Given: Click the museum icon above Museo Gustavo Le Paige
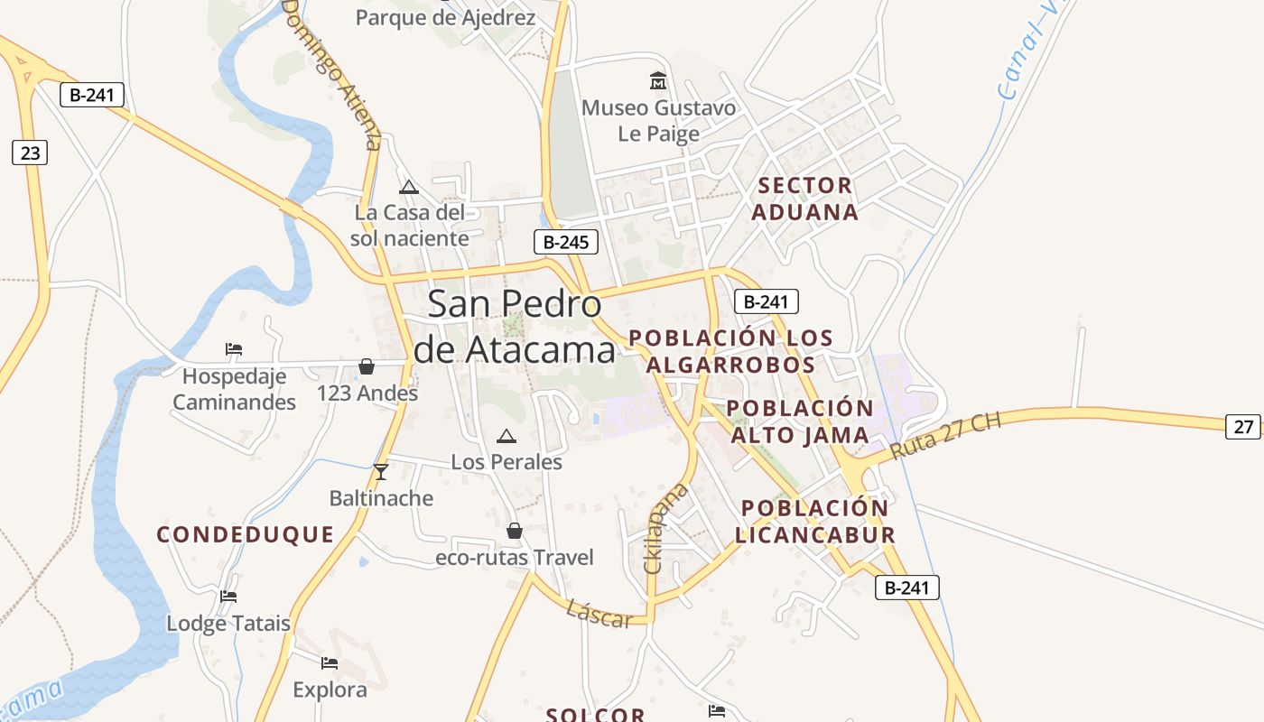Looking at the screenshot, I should pyautogui.click(x=658, y=81).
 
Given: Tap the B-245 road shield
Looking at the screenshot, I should pyautogui.click(x=566, y=242).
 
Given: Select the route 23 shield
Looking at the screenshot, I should pyautogui.click(x=30, y=153).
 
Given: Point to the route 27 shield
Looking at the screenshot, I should pyautogui.click(x=1243, y=427).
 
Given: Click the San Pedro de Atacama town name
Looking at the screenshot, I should pyautogui.click(x=515, y=326).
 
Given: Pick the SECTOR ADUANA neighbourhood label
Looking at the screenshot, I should pyautogui.click(x=804, y=199).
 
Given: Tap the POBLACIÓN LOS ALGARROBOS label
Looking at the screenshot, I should pyautogui.click(x=730, y=351).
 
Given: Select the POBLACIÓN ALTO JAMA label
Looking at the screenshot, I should pyautogui.click(x=800, y=421).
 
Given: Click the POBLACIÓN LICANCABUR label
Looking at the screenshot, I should pyautogui.click(x=815, y=521).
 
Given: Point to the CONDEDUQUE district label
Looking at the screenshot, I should pyautogui.click(x=246, y=534).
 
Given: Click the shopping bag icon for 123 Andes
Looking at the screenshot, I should pyautogui.click(x=367, y=366).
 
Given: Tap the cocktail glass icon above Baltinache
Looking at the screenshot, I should pyautogui.click(x=381, y=471).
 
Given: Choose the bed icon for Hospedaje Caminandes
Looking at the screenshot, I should pyautogui.click(x=234, y=348).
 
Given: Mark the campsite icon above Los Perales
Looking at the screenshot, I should pyautogui.click(x=507, y=437).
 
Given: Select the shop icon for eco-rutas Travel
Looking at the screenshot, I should pyautogui.click(x=515, y=531).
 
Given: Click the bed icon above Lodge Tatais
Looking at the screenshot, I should pyautogui.click(x=228, y=597).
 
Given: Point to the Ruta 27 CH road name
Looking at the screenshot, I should pyautogui.click(x=945, y=436).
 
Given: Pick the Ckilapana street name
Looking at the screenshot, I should pyautogui.click(x=665, y=529).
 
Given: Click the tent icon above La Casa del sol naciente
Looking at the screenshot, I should pyautogui.click(x=409, y=187).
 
